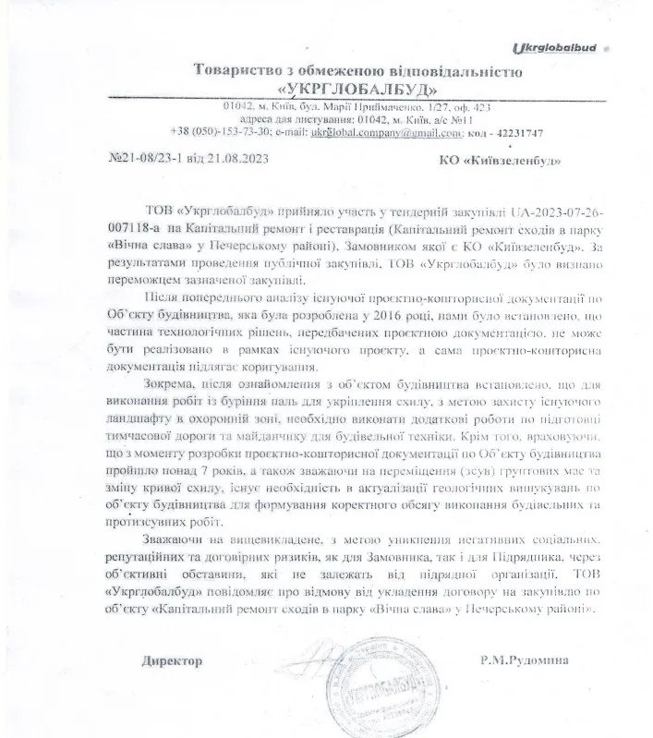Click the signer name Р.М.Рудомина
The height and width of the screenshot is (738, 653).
pos(520,661)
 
